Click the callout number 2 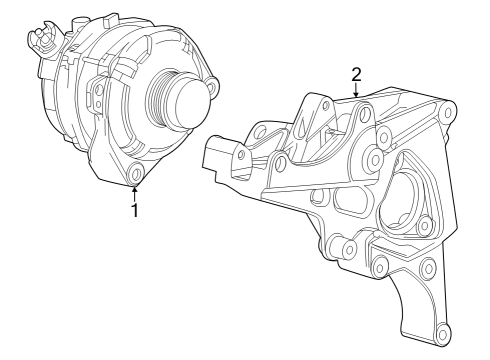tap(356, 74)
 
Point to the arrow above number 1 tap(135, 191)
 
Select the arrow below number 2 tap(356, 93)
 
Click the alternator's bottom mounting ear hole tap(136, 178)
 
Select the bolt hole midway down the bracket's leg tap(427, 267)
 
